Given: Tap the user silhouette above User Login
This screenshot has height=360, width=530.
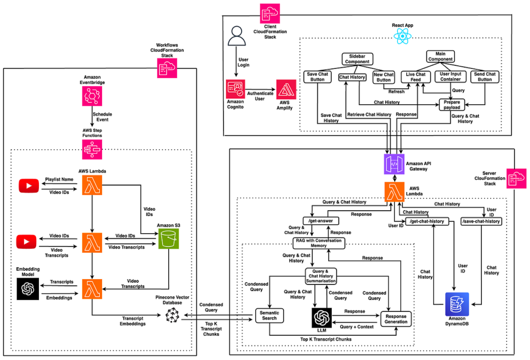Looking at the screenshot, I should (x=236, y=36).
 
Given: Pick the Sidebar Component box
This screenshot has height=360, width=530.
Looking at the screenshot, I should (x=358, y=59).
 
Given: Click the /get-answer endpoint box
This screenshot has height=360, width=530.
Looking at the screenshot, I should (x=325, y=221).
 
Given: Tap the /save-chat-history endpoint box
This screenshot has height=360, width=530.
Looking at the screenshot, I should (x=480, y=221).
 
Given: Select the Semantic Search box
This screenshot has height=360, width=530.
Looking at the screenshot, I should (x=269, y=315).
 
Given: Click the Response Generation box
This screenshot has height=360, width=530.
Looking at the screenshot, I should (x=396, y=318).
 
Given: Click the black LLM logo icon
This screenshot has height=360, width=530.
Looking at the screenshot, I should (x=322, y=315).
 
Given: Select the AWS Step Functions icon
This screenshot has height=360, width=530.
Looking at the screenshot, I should (x=92, y=150).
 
